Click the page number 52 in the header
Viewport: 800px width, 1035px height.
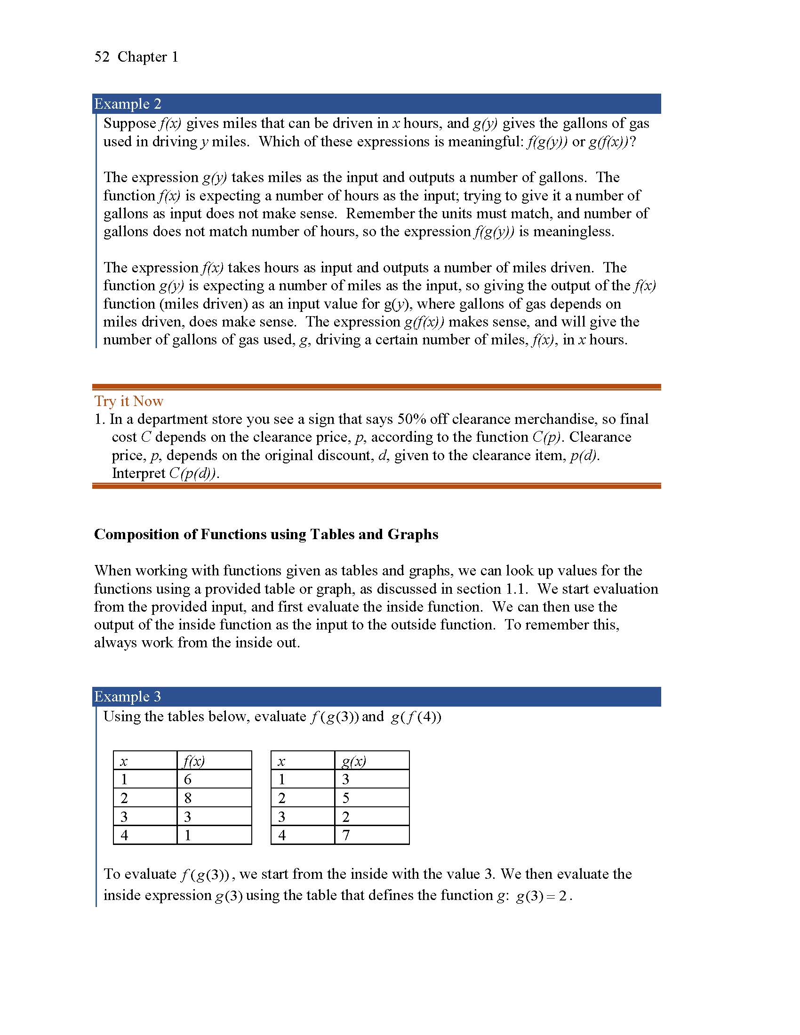[x=102, y=57]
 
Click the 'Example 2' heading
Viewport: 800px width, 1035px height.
[x=128, y=104]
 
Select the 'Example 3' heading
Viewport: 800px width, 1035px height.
[x=128, y=696]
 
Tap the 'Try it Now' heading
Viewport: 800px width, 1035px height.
[x=128, y=401]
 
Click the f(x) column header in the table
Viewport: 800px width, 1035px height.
[x=193, y=761]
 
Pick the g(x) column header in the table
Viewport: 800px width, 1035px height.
[x=353, y=761]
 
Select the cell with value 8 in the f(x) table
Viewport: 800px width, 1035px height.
[x=188, y=798]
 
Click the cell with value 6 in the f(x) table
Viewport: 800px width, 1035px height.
[x=188, y=780]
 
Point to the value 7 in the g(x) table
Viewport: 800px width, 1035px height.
[x=346, y=835]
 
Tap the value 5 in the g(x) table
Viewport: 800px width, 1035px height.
[x=346, y=798]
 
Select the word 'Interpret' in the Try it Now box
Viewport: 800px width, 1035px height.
[x=138, y=473]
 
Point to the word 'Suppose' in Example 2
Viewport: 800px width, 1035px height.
[x=130, y=123]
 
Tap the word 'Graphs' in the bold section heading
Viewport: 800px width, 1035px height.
[x=413, y=534]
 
